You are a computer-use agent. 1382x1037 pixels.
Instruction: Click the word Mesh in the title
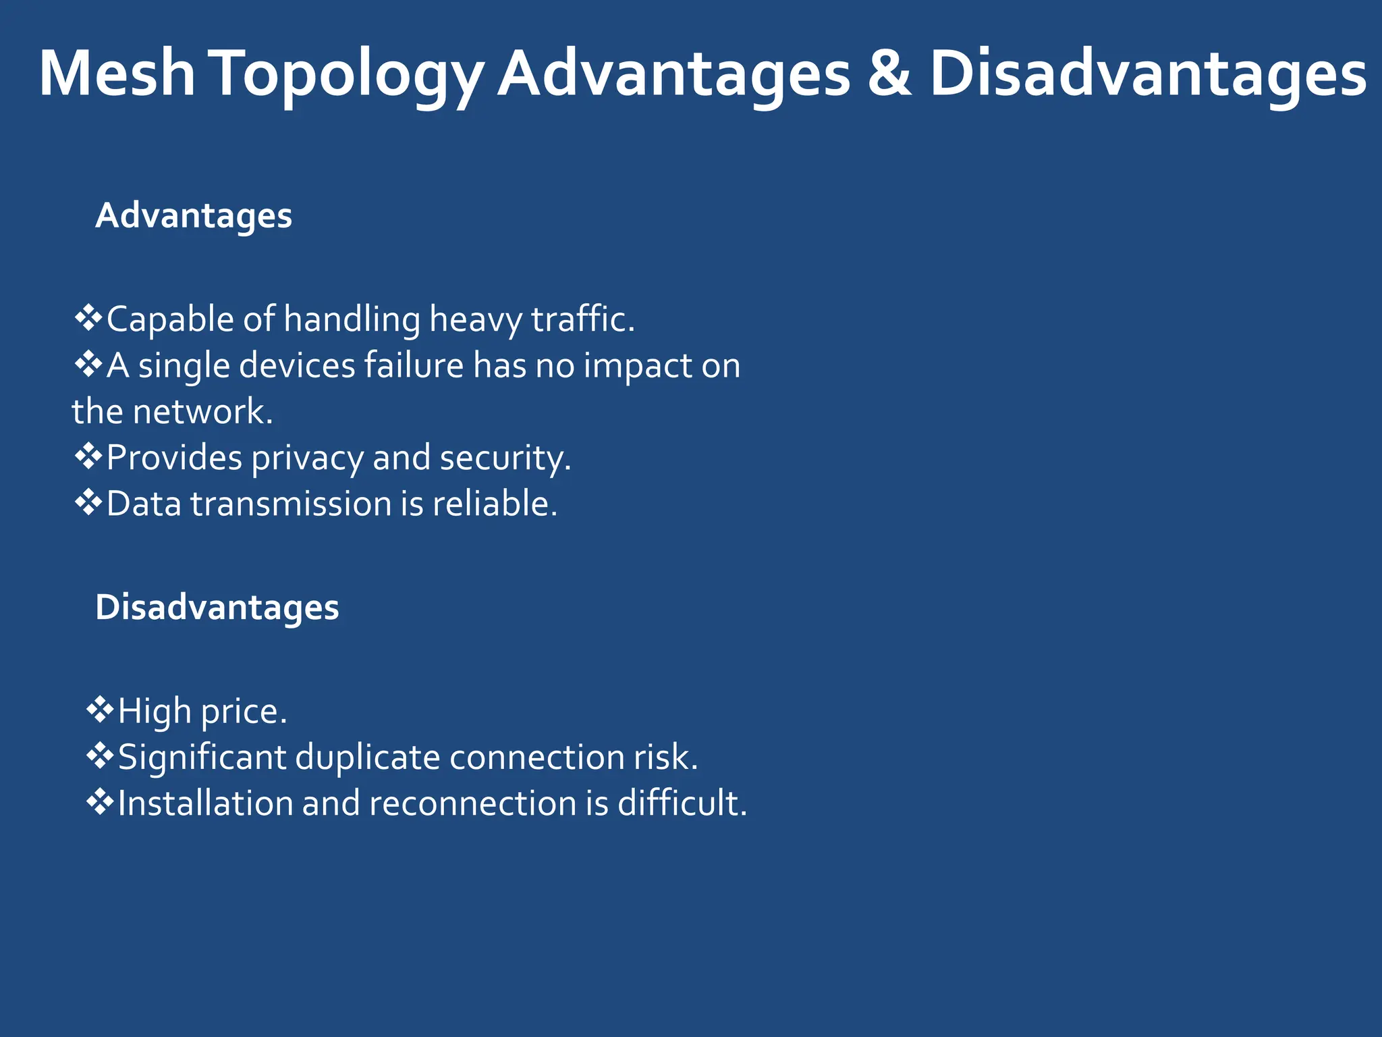pyautogui.click(x=117, y=74)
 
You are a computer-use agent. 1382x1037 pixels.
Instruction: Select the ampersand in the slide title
pyautogui.click(x=889, y=74)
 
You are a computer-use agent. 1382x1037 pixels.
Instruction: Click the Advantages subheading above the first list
pyautogui.click(x=194, y=216)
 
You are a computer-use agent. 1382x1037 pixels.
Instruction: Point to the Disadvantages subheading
pyautogui.click(x=217, y=607)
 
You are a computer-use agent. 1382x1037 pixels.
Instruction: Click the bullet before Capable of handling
pyautogui.click(x=88, y=318)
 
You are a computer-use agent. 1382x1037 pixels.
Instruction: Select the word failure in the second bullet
pyautogui.click(x=414, y=365)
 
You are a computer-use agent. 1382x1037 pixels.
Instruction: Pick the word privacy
pyautogui.click(x=307, y=458)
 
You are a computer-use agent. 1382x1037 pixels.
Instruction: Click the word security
pyautogui.click(x=505, y=458)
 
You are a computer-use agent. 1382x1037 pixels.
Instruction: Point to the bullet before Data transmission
pyautogui.click(x=88, y=503)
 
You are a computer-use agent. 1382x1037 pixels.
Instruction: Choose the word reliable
pyautogui.click(x=495, y=504)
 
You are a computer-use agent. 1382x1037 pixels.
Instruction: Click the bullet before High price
pyautogui.click(x=99, y=710)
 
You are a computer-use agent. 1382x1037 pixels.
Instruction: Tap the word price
pyautogui.click(x=244, y=712)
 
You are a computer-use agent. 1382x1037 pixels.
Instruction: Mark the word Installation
pyautogui.click(x=205, y=803)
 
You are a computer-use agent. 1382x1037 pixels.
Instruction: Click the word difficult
pyautogui.click(x=682, y=803)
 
